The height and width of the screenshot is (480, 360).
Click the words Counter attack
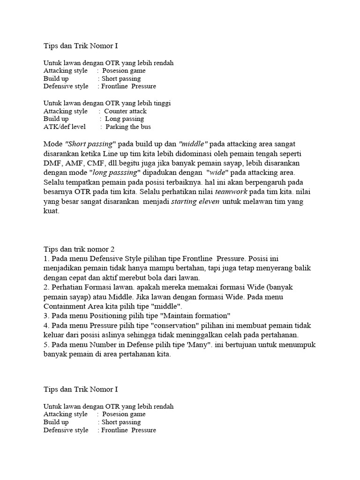(x=125, y=111)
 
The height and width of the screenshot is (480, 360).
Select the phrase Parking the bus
(x=128, y=127)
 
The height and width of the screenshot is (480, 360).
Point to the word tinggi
(x=160, y=103)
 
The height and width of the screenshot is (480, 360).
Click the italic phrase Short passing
(x=89, y=143)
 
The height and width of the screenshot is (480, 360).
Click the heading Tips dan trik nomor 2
(x=79, y=249)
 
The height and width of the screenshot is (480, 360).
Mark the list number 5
(x=45, y=345)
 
